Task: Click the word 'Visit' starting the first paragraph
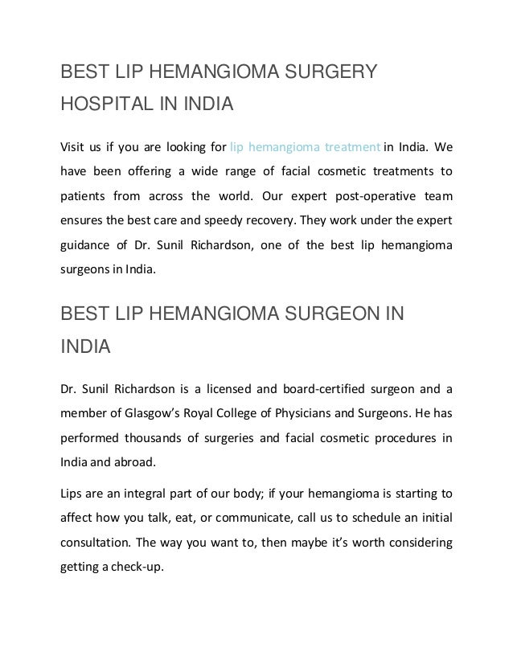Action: pos(75,147)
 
